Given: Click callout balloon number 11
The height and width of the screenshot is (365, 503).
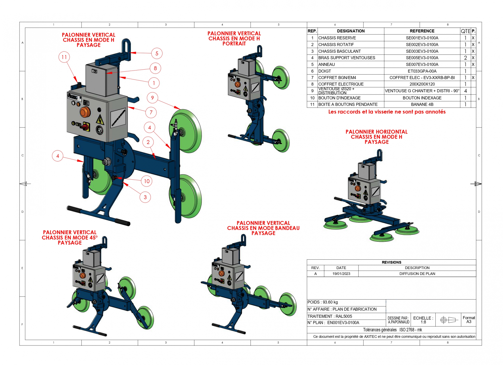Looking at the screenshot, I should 64,57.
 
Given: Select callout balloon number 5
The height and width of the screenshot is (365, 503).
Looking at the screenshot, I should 157,53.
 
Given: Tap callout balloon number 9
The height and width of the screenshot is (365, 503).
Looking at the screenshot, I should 152,98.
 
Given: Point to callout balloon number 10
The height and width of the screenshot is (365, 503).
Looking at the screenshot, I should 147,181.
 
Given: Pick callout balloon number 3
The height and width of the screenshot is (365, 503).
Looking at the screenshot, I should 145,197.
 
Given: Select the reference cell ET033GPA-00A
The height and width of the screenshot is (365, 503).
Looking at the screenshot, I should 422,71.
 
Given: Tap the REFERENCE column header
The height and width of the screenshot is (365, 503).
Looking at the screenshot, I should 422,31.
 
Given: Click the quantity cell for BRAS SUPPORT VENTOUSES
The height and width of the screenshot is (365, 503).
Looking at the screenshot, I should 465,58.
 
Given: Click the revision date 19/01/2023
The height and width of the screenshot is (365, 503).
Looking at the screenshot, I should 341,274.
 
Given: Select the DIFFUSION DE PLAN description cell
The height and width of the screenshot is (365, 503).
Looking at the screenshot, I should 417,274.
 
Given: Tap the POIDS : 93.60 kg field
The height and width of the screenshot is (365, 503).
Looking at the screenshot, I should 323,302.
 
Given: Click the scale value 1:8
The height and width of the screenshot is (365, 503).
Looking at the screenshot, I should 423,322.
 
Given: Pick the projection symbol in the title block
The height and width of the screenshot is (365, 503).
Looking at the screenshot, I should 448,320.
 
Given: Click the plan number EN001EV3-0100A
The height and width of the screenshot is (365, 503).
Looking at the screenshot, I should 343,323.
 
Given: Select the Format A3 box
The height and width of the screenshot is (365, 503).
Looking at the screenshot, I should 469,320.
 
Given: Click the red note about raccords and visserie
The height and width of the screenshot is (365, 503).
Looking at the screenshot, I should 387,112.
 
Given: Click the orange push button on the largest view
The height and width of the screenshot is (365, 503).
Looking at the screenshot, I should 85,112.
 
